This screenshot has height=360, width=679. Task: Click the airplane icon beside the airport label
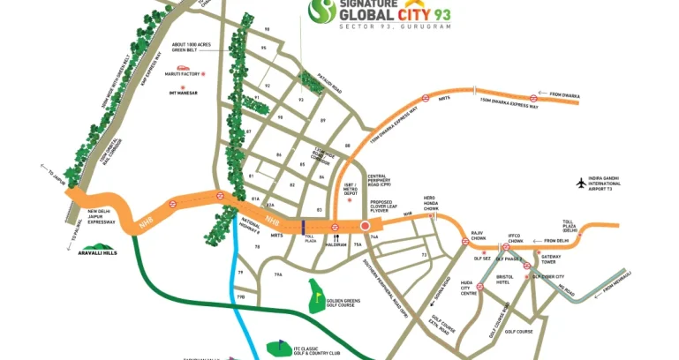pos(580,183)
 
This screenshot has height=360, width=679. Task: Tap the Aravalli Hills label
pos(97,252)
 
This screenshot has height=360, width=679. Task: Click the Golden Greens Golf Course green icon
pos(316,296)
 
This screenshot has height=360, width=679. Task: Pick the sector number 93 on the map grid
pos(300,100)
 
